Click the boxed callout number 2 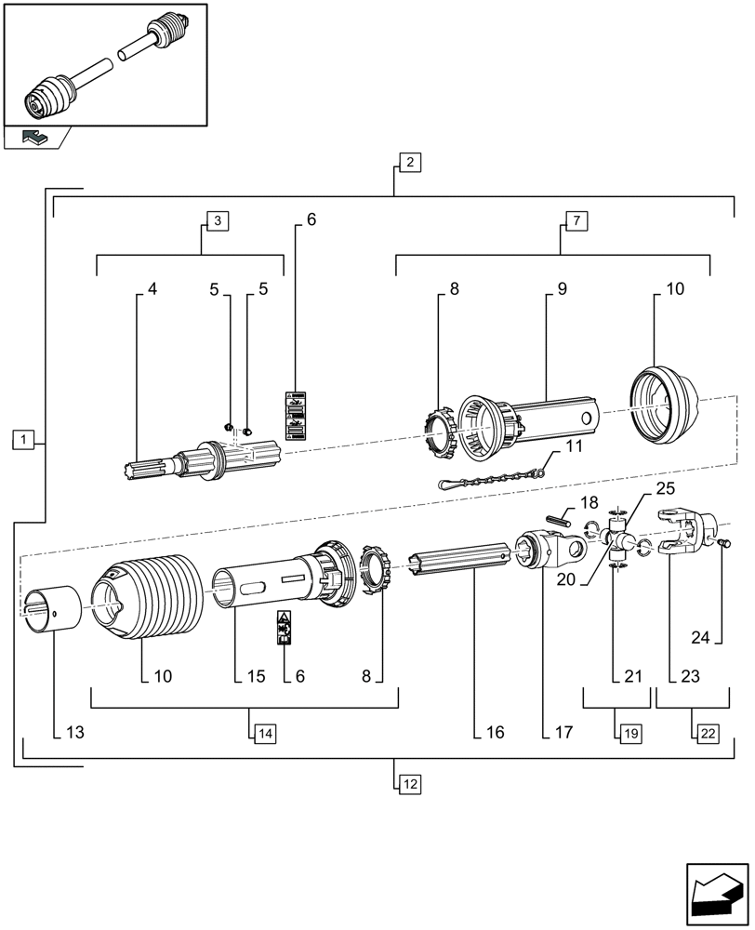(410, 161)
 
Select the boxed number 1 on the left (24, 438)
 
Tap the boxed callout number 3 (217, 220)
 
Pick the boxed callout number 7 (576, 220)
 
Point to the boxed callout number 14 (264, 733)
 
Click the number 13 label (74, 733)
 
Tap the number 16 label (494, 733)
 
